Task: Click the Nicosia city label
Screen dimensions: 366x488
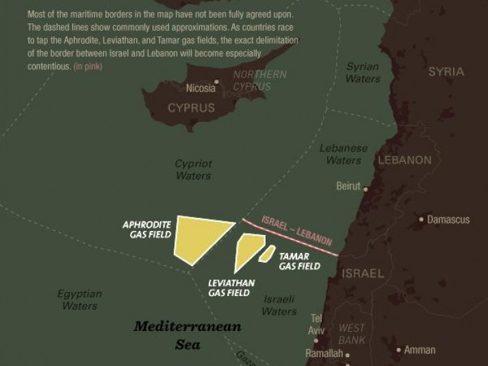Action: pyautogui.click(x=201, y=88)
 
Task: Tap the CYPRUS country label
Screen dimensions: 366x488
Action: pyautogui.click(x=191, y=108)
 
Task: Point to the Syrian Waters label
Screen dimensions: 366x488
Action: pyautogui.click(x=363, y=73)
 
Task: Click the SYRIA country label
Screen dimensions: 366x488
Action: pyautogui.click(x=446, y=71)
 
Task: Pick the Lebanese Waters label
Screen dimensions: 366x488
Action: pyautogui.click(x=344, y=154)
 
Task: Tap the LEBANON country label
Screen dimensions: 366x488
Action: pyautogui.click(x=404, y=160)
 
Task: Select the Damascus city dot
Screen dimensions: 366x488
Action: pyautogui.click(x=422, y=220)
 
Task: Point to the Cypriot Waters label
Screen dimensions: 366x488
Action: pyautogui.click(x=194, y=170)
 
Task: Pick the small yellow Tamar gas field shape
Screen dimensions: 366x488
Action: pyautogui.click(x=266, y=254)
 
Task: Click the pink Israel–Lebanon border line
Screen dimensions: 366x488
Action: pyautogui.click(x=291, y=236)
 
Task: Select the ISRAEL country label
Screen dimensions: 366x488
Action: pyautogui.click(x=363, y=273)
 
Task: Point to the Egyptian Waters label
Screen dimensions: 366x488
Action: pyautogui.click(x=79, y=300)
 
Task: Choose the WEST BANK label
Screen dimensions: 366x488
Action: pyautogui.click(x=352, y=334)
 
